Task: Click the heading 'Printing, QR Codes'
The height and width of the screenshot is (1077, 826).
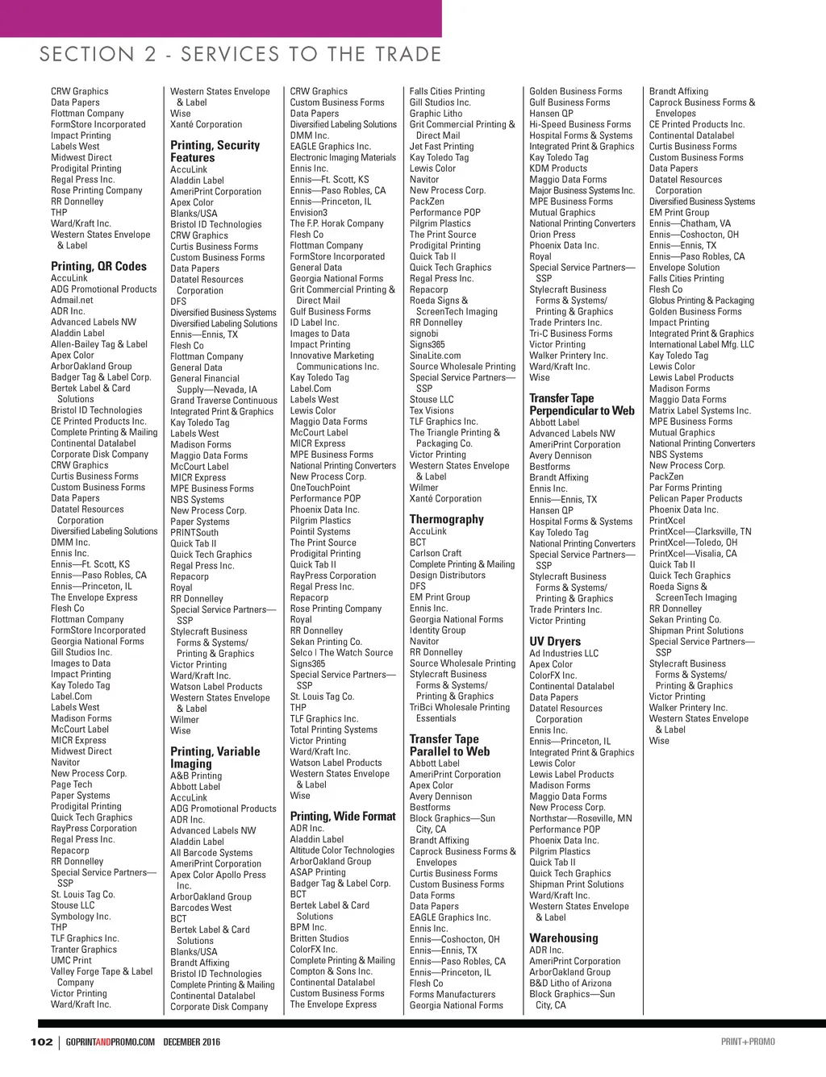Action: [98, 266]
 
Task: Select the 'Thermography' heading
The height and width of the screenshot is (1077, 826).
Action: [446, 519]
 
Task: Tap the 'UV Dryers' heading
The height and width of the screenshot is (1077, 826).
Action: [555, 642]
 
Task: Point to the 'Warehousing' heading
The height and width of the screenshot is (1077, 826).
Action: [564, 938]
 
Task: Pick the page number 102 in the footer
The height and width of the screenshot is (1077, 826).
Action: [41, 1042]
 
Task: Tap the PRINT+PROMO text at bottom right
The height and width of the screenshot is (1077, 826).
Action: [748, 1042]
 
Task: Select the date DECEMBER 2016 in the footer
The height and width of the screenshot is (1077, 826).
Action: [191, 1042]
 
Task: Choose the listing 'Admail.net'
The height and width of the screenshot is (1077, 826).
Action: [72, 300]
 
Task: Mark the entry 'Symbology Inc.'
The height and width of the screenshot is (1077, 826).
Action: [81, 917]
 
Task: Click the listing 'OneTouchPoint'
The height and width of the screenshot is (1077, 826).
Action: [320, 488]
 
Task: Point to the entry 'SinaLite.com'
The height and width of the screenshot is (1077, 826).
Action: [435, 356]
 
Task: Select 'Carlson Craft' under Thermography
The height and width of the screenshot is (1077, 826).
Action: [436, 553]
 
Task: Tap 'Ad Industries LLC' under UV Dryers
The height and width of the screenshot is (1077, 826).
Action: [564, 653]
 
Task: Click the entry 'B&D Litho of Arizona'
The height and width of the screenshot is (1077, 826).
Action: [570, 983]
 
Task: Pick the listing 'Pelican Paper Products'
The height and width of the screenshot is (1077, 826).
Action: [695, 498]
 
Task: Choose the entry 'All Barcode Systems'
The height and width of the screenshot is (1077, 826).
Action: [211, 852]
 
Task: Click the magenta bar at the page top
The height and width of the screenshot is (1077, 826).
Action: [220, 18]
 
